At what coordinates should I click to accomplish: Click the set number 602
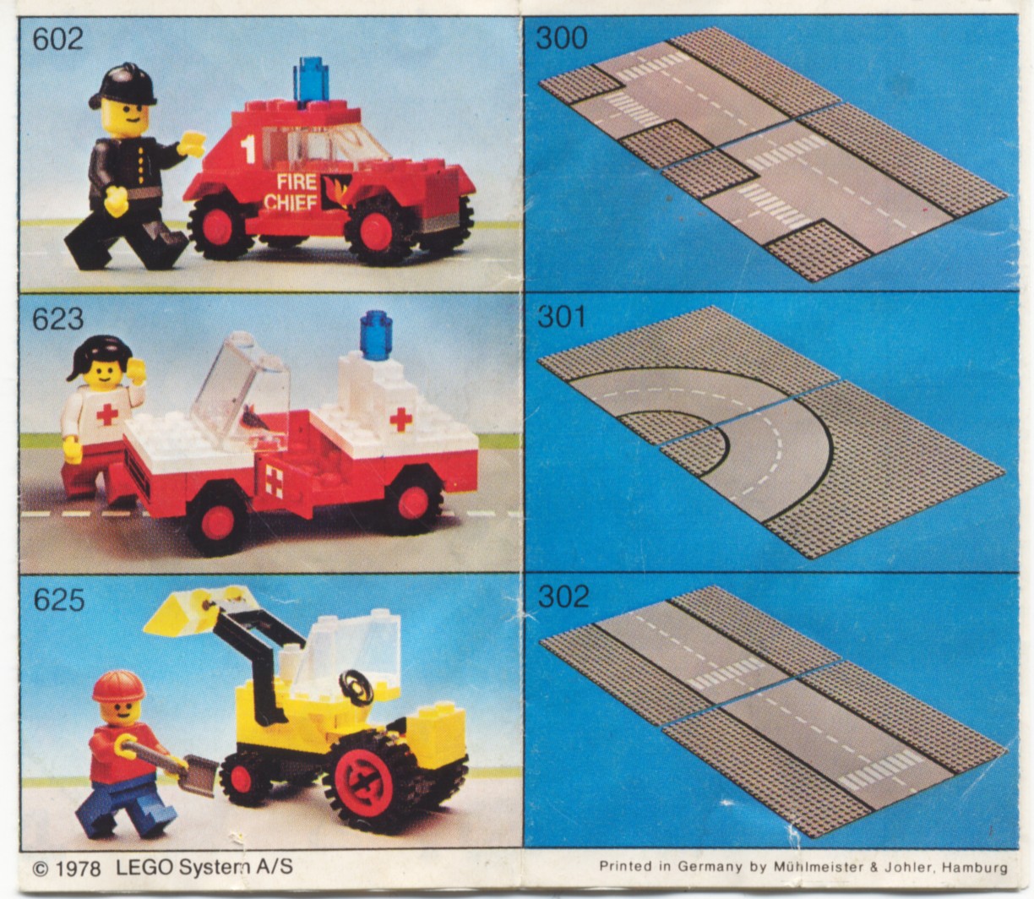click(x=57, y=39)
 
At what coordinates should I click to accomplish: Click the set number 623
click(x=58, y=319)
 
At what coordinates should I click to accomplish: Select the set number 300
click(x=562, y=38)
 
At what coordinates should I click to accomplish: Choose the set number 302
click(x=563, y=597)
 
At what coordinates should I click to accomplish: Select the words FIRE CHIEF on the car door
click(x=295, y=191)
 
